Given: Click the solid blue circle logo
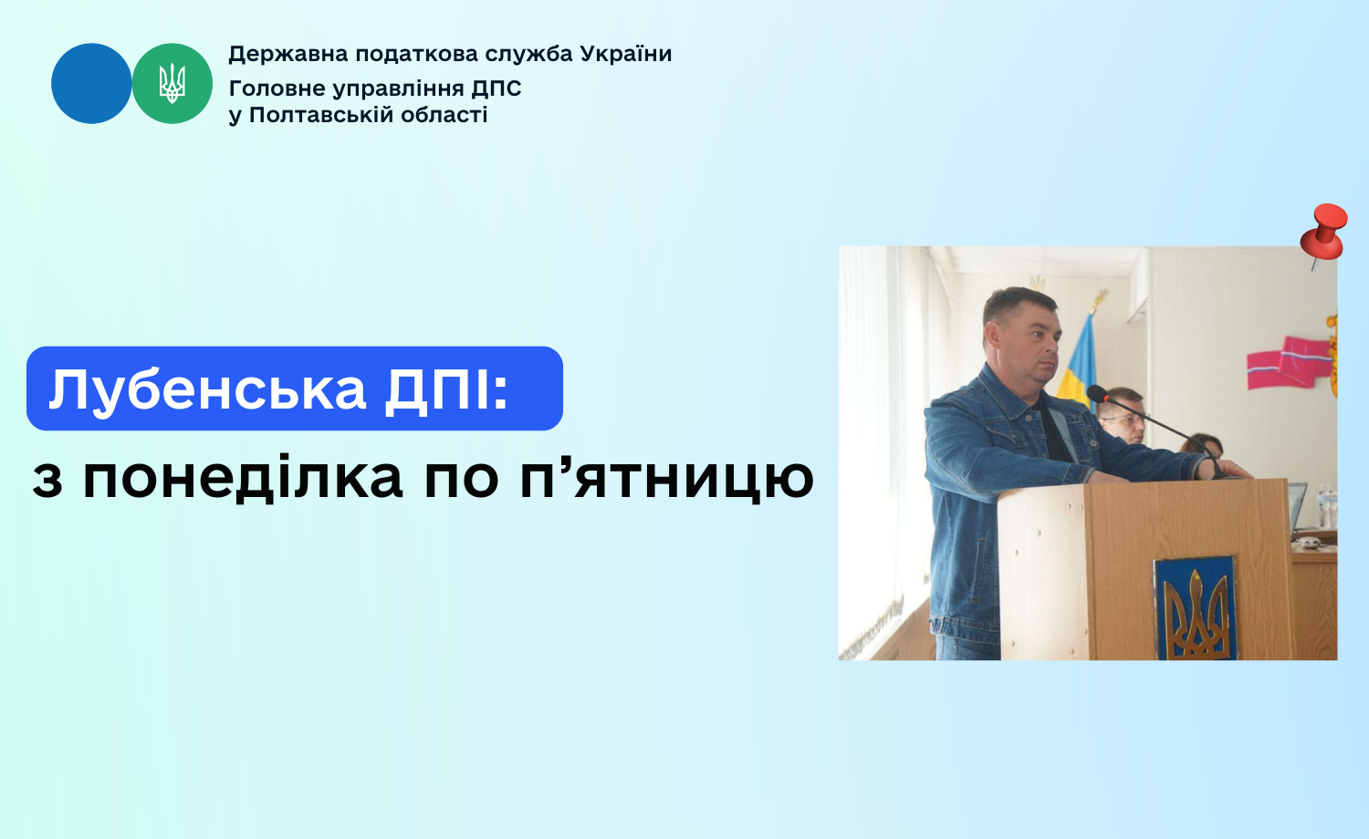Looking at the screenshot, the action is [91, 84].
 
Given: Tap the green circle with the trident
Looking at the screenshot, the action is [172, 84].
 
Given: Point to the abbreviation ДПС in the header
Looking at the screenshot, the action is [496, 89].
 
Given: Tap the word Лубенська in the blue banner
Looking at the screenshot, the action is [207, 389].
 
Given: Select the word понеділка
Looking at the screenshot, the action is [243, 479].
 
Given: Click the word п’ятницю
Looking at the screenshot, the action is [667, 479].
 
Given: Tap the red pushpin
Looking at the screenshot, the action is [1323, 235].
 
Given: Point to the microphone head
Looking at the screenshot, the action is [1097, 394].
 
